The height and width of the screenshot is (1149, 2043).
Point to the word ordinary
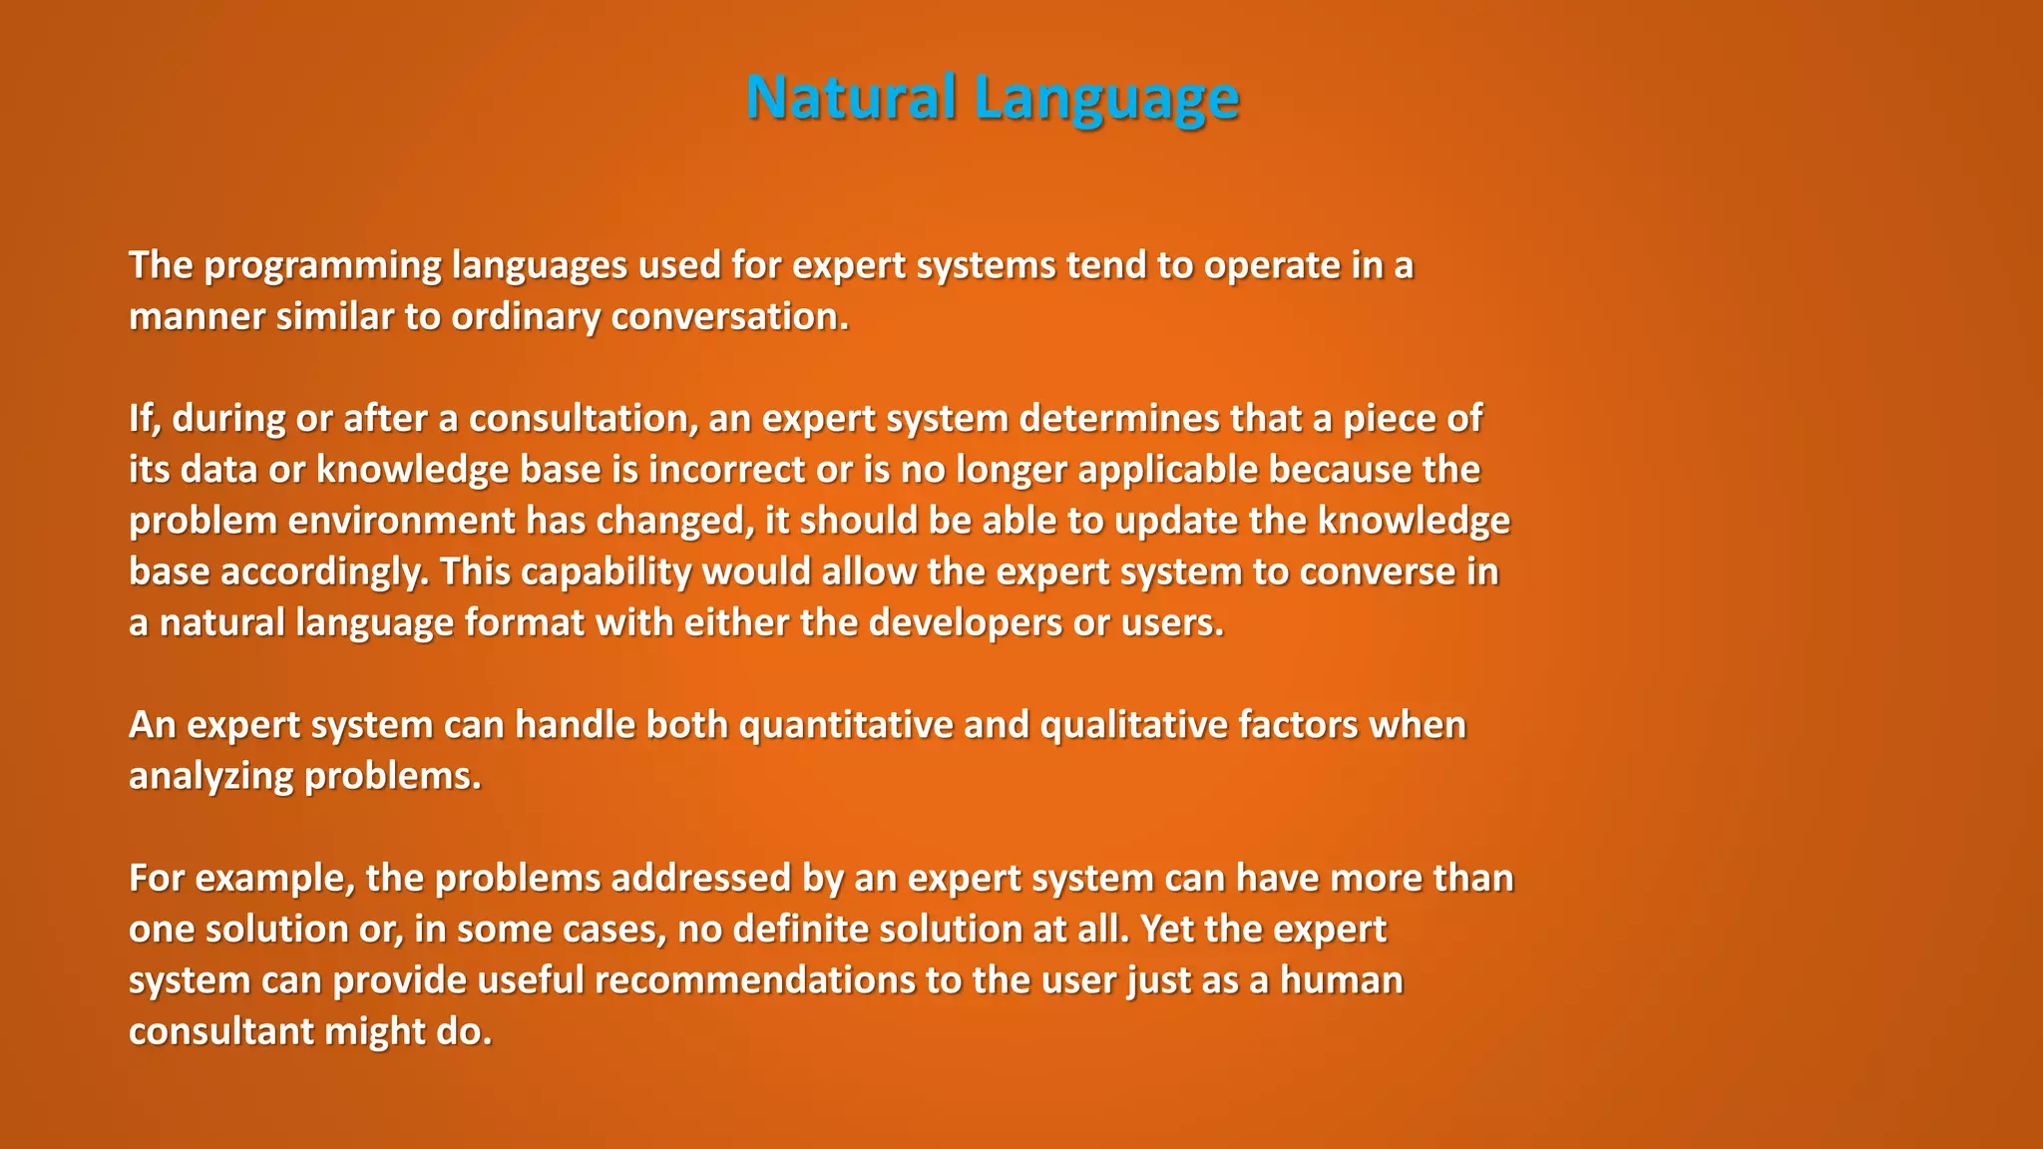526,317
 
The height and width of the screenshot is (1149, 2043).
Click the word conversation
729,317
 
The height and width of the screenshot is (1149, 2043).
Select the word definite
801,930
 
